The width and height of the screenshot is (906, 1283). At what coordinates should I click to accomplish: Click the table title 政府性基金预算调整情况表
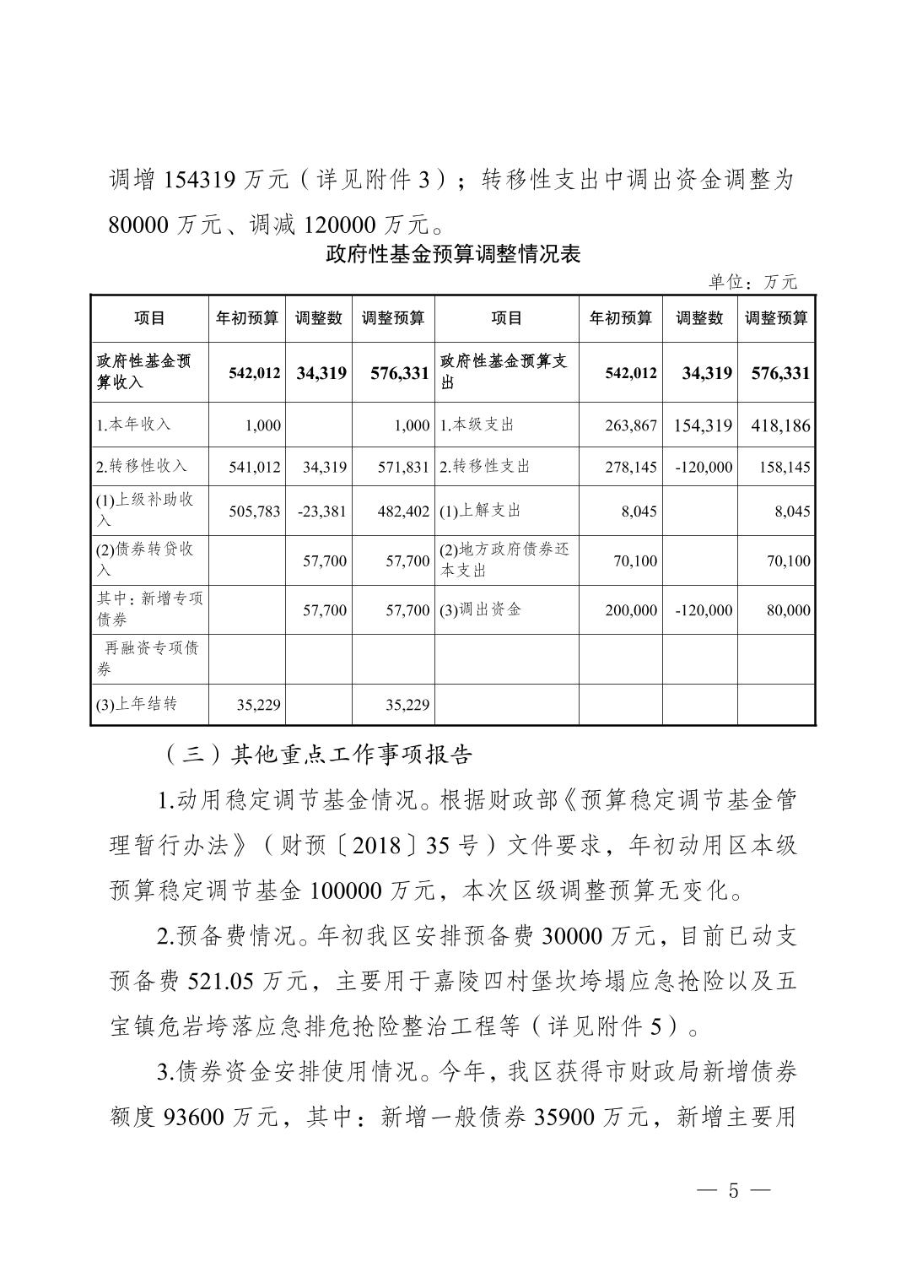tap(453, 254)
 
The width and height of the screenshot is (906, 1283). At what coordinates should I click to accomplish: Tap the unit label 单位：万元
tap(752, 282)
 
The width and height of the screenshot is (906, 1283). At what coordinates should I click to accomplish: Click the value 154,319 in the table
tap(703, 425)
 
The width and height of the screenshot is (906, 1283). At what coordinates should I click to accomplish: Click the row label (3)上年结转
tap(137, 704)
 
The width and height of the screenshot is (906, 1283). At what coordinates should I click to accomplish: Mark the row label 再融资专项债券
tap(148, 658)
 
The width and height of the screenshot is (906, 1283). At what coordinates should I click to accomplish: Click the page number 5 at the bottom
tap(732, 1191)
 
